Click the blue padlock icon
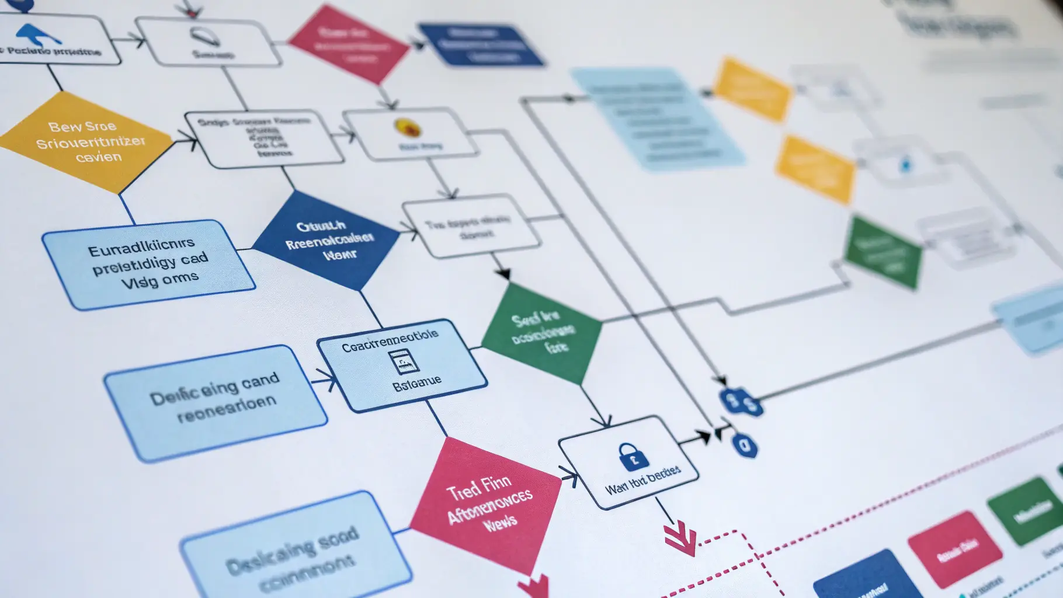coord(633,456)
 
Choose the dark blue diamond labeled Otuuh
coord(326,240)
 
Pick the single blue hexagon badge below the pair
coord(744,446)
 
